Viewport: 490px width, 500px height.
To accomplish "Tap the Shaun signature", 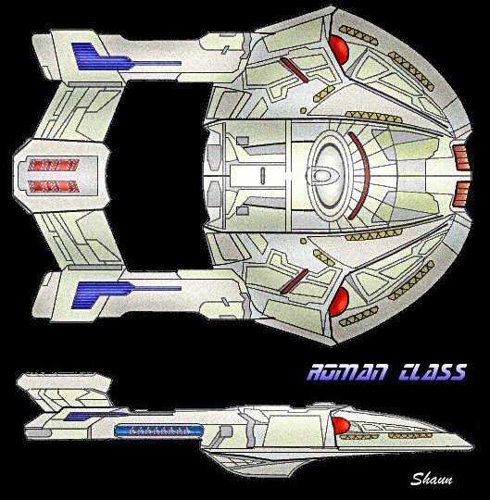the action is [432, 479].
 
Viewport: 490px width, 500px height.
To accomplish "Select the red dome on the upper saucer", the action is [338, 49].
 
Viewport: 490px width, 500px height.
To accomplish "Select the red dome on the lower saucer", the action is [338, 301].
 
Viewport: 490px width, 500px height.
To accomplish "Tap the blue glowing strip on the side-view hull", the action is [158, 431].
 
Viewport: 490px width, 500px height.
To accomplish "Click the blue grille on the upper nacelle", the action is [126, 57].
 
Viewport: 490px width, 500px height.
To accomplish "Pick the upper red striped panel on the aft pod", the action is [53, 165].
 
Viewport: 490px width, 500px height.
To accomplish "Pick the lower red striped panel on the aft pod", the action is [53, 186].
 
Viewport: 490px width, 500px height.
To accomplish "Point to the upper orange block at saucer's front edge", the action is [460, 157].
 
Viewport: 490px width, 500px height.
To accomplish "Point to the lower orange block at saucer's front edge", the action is [460, 194].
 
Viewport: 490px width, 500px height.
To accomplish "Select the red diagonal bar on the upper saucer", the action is [294, 69].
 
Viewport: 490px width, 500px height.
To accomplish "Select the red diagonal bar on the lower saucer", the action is [294, 281].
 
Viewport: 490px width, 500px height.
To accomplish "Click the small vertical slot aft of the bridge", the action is [262, 176].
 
